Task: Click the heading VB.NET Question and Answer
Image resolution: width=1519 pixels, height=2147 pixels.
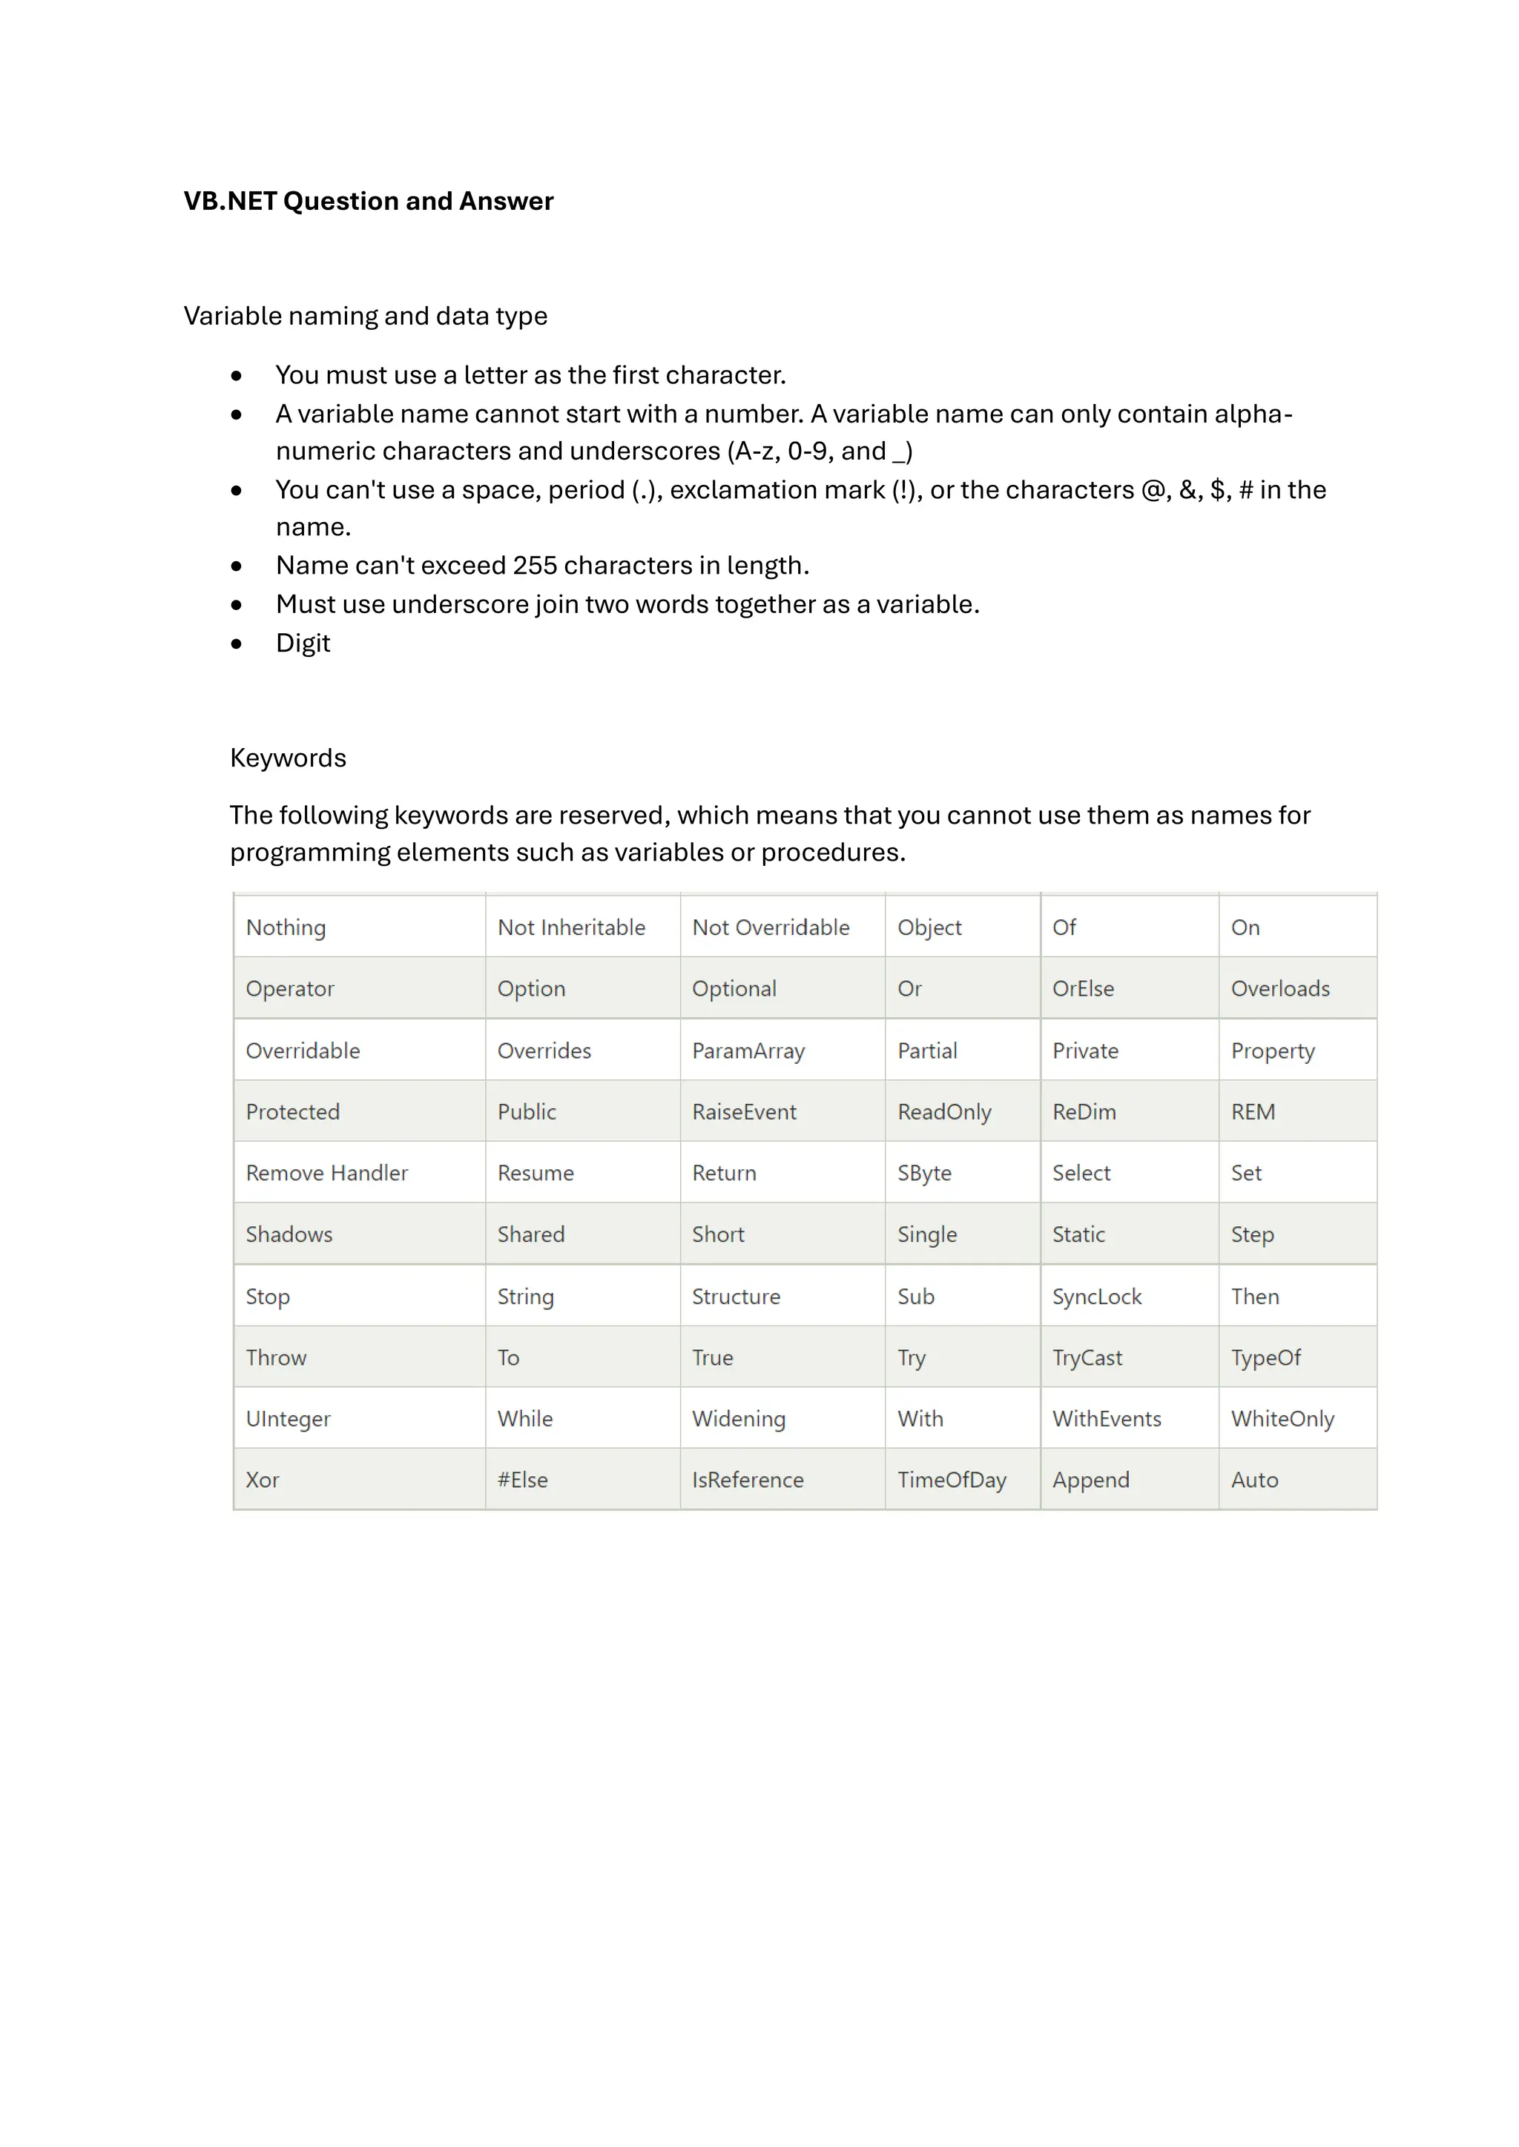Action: (368, 201)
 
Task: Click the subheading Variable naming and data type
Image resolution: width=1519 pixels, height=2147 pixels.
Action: (365, 316)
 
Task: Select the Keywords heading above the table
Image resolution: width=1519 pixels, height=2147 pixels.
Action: (288, 758)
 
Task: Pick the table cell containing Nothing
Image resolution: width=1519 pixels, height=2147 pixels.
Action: (286, 927)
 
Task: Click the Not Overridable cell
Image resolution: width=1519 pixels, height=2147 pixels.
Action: (771, 927)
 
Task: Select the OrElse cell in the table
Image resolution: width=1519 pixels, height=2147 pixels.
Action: (1082, 988)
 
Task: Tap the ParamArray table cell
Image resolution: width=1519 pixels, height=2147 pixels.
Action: (748, 1051)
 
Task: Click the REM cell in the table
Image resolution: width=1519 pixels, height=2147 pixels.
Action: (1253, 1112)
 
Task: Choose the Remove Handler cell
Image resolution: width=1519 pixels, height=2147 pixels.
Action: (326, 1173)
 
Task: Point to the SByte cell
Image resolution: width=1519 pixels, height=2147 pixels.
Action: (924, 1173)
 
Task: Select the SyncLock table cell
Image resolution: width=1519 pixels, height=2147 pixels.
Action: (1096, 1296)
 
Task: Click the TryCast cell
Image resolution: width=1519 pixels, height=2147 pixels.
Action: (1087, 1357)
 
